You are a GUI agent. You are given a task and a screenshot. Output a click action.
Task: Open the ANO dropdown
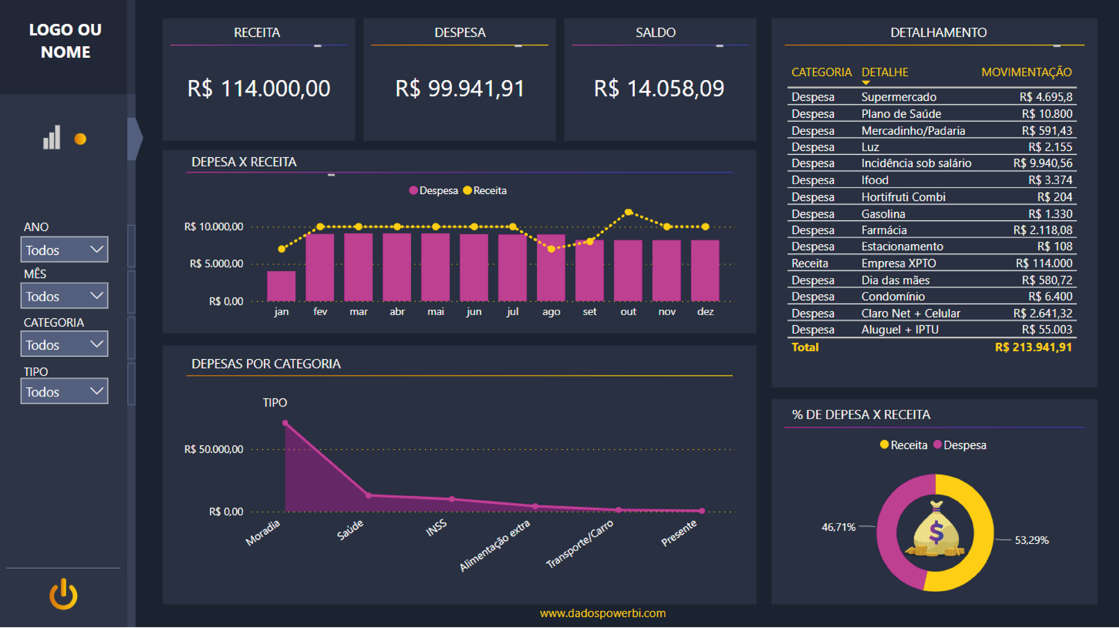pyautogui.click(x=64, y=250)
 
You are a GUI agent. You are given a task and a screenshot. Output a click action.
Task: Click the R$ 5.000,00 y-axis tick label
pyautogui.click(x=216, y=264)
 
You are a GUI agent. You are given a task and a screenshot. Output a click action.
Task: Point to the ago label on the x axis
pyautogui.click(x=551, y=312)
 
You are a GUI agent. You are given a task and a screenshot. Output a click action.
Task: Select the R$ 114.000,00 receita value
pyautogui.click(x=259, y=89)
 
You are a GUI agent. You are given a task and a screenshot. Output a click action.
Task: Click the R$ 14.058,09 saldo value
pyautogui.click(x=659, y=89)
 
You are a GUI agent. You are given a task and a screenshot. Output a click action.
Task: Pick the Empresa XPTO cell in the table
pyautogui.click(x=898, y=264)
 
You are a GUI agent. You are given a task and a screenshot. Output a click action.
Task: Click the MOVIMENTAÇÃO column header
pyautogui.click(x=1026, y=72)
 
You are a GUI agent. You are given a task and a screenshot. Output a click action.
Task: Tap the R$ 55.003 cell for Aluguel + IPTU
pyautogui.click(x=1047, y=330)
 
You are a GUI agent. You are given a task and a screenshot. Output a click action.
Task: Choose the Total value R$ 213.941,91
pyautogui.click(x=1033, y=347)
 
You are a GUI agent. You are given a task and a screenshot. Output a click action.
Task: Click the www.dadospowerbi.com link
pyautogui.click(x=603, y=613)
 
